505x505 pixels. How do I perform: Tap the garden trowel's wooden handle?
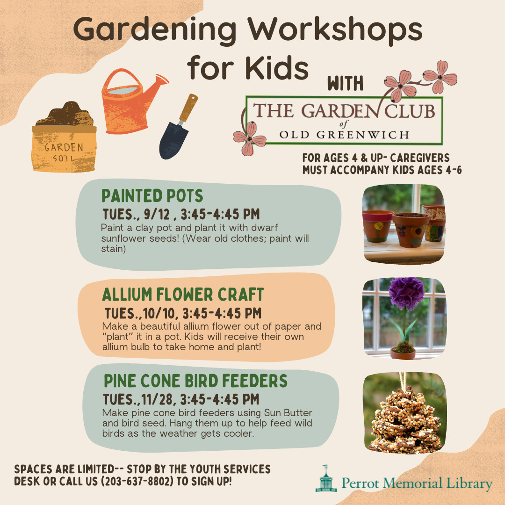[x=188, y=108]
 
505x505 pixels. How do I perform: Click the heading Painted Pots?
[x=152, y=196]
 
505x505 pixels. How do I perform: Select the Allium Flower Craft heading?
[x=183, y=295]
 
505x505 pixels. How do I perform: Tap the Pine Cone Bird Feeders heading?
[x=195, y=381]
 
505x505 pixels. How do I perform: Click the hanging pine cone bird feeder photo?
[x=405, y=413]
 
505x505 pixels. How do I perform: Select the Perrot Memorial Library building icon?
[x=326, y=479]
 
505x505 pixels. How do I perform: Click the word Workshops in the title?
[x=335, y=29]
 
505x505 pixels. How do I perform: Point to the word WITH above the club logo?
[x=345, y=83]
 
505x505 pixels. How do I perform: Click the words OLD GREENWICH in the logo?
[x=344, y=135]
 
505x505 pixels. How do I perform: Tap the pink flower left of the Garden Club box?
[x=250, y=138]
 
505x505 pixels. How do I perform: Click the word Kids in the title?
[x=277, y=68]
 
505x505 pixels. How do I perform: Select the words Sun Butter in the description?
[x=288, y=412]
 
